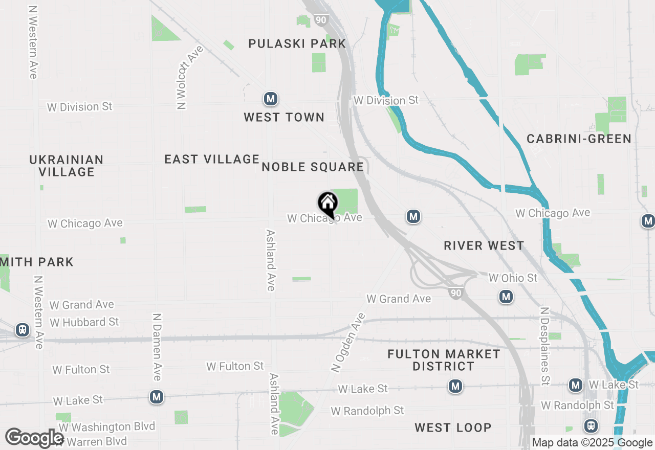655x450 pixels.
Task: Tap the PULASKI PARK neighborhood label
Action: click(x=297, y=44)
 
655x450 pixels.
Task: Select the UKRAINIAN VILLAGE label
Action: click(x=67, y=166)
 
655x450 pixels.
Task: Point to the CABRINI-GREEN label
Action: click(x=579, y=139)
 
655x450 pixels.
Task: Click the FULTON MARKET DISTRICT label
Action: click(x=444, y=360)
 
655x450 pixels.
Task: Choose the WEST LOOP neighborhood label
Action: click(x=453, y=427)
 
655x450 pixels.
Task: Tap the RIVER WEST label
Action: click(x=484, y=246)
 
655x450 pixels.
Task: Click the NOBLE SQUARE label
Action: click(x=313, y=167)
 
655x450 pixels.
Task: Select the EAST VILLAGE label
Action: click(x=212, y=160)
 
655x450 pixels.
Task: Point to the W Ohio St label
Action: click(x=513, y=278)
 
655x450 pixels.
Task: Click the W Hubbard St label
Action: click(x=84, y=322)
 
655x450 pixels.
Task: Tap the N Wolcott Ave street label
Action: click(x=189, y=77)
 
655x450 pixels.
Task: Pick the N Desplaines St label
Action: click(x=544, y=346)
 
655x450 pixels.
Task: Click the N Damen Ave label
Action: click(x=157, y=347)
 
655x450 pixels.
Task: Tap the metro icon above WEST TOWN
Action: click(x=270, y=99)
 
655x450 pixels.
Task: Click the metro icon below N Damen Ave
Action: click(x=157, y=397)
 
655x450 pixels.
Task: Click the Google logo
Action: click(x=35, y=438)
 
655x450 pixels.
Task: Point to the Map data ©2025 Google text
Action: click(x=592, y=443)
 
